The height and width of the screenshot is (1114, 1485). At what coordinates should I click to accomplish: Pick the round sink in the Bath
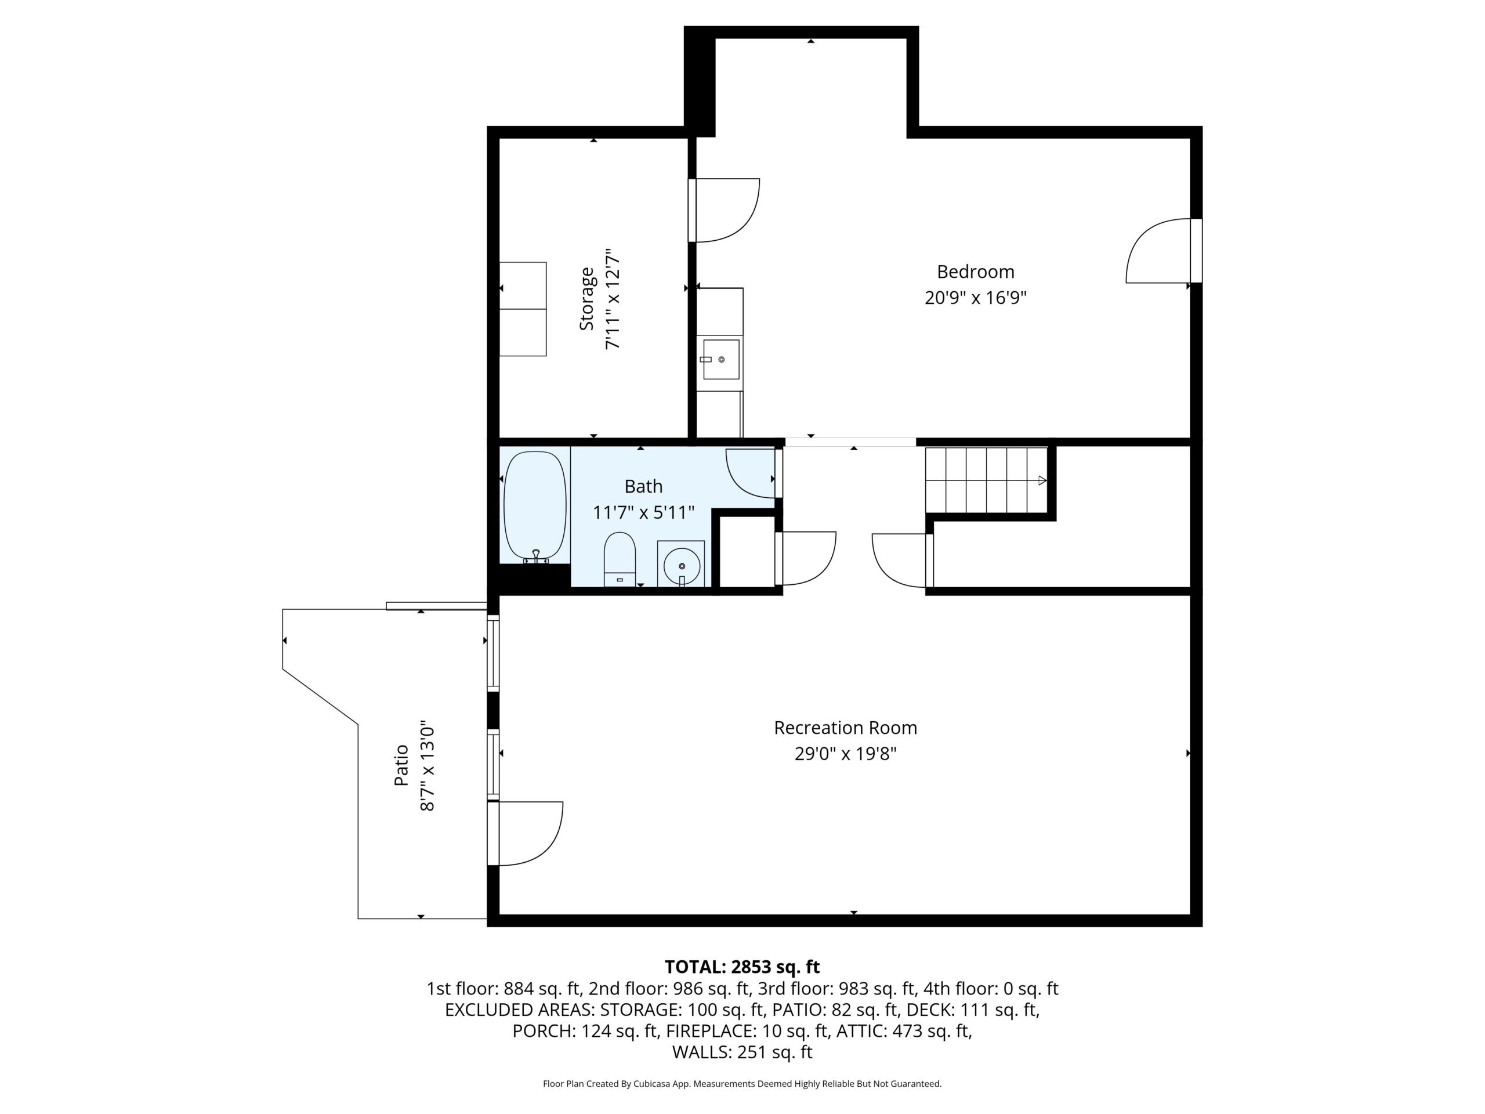[x=681, y=565]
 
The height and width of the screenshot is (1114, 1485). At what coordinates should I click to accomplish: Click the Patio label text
[x=401, y=765]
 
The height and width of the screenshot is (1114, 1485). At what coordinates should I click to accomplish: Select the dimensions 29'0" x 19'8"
[x=845, y=754]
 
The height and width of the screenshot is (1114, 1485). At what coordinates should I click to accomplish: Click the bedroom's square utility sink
[x=720, y=359]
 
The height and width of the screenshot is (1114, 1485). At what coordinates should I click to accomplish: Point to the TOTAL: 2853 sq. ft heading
[x=742, y=967]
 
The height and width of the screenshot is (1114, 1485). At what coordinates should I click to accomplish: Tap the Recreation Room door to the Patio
[x=525, y=833]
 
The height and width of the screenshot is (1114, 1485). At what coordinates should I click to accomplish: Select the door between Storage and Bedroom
[x=724, y=210]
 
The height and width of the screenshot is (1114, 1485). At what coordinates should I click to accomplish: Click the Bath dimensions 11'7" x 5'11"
[x=643, y=512]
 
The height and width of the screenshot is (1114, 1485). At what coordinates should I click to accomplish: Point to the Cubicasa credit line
[x=742, y=1083]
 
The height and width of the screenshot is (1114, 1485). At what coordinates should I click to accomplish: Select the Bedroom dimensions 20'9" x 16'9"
[x=976, y=298]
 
